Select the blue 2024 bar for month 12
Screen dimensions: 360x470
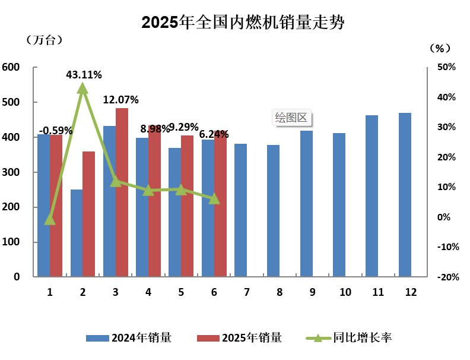[405, 195]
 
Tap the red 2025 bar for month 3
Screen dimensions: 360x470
[122, 192]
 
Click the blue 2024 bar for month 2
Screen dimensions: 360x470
[77, 233]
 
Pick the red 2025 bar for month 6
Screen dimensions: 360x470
[220, 204]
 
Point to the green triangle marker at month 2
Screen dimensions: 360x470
[83, 89]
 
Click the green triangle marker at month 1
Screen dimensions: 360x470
[50, 220]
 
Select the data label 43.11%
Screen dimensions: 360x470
[84, 75]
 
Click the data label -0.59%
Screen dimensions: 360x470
[56, 130]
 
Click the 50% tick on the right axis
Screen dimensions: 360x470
[446, 68]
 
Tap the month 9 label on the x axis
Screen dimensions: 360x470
[312, 292]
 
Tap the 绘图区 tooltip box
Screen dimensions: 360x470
[292, 117]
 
